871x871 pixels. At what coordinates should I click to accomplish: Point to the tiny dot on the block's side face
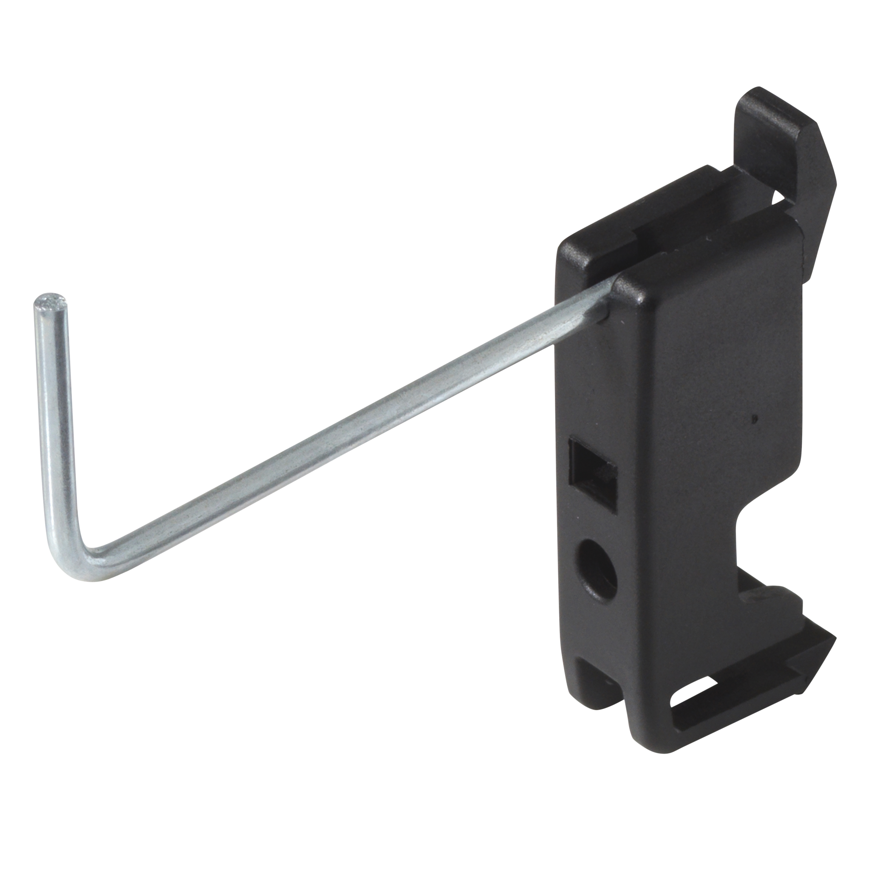(x=755, y=419)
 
